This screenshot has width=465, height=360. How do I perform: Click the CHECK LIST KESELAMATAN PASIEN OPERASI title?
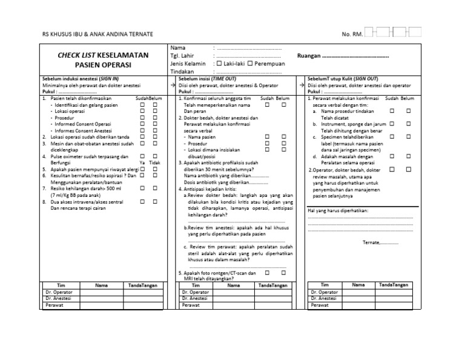pos(103,59)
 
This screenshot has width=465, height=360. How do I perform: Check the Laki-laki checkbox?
pos(219,63)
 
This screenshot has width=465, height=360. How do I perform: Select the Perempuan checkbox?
pos(250,63)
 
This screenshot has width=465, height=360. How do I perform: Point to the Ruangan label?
pos(312,56)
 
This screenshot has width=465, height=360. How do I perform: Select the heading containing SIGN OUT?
pos(338,79)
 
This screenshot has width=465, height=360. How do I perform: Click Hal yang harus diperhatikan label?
pos(338,210)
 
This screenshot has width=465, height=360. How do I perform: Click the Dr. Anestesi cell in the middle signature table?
pos(195,298)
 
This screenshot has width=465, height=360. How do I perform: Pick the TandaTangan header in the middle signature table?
pos(272,285)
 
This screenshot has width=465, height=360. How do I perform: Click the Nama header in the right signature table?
pos(358,284)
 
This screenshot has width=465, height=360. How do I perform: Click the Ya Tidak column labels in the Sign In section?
pos(150,163)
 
